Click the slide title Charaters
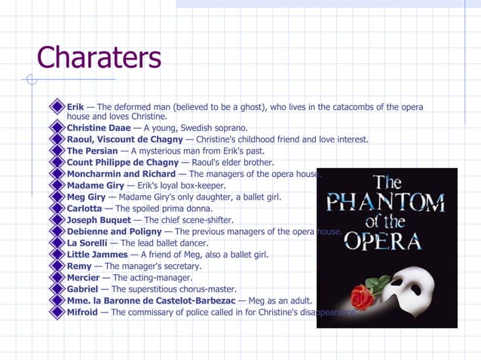click(99, 58)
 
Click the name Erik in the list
click(75, 107)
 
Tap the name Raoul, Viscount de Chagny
click(124, 139)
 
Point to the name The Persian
click(92, 151)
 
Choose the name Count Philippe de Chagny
click(122, 162)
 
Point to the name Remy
click(79, 267)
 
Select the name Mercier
click(83, 278)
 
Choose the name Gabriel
click(82, 289)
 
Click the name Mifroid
click(82, 312)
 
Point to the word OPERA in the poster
click(384, 241)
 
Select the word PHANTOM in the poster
click(386, 203)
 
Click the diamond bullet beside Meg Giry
click(57, 197)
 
